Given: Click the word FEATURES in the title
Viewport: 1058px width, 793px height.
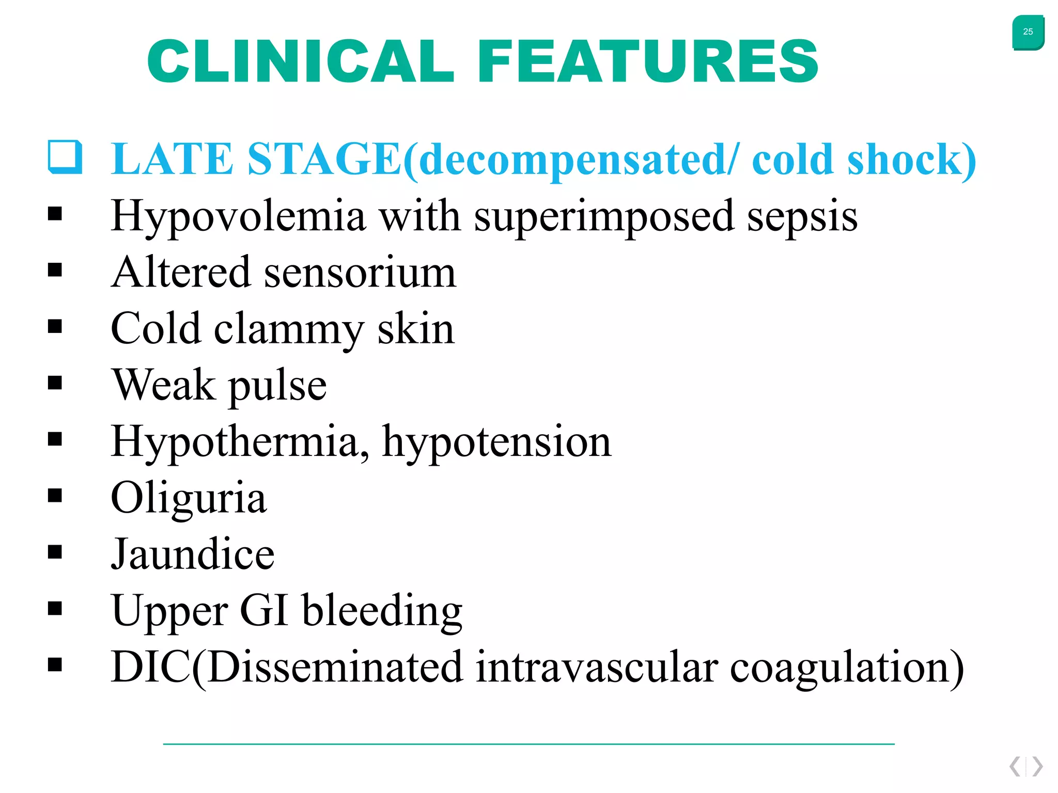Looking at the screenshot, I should [x=648, y=61].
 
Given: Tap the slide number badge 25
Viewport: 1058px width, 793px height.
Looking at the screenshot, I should [x=1028, y=32].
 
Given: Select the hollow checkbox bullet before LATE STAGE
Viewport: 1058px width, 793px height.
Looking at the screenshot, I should [x=65, y=156].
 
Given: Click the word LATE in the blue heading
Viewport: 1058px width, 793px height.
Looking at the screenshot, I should [x=172, y=159].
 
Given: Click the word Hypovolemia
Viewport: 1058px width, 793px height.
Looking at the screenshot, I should [x=238, y=216].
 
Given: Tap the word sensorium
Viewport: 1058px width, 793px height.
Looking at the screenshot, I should [x=360, y=272].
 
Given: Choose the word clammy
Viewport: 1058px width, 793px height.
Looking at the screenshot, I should [x=289, y=329].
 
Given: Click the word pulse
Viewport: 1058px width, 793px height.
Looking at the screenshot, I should [x=277, y=386].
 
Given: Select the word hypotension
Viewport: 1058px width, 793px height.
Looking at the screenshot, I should [x=496, y=442].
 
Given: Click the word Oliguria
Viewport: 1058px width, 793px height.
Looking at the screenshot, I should [x=189, y=498].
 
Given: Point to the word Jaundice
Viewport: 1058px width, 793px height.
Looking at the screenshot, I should [x=193, y=554].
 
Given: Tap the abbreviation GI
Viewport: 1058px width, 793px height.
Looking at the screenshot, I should [x=264, y=610].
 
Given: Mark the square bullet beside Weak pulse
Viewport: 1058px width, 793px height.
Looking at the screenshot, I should [x=55, y=383].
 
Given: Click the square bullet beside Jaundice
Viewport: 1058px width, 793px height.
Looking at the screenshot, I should [x=55, y=552].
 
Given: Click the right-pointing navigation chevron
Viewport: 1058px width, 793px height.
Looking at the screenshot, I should [x=1037, y=766].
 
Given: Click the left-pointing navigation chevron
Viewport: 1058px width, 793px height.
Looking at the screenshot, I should [x=1015, y=766].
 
